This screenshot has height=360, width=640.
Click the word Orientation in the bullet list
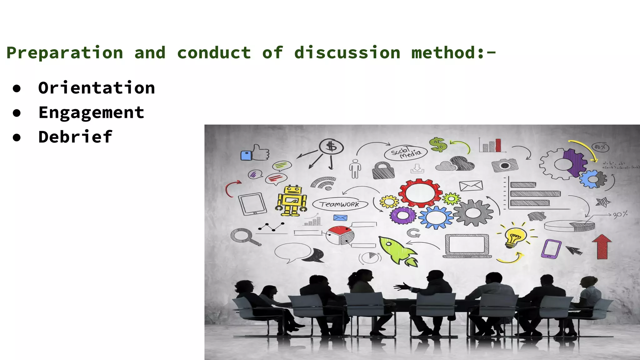[96, 88]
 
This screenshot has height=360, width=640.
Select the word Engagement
[91, 112]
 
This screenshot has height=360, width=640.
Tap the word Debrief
[75, 137]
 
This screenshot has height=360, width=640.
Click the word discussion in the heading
[347, 52]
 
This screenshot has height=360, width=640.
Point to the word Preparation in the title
[65, 52]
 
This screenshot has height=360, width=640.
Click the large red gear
[420, 193]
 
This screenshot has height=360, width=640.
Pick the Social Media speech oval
[406, 153]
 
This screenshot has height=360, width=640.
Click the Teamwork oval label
[340, 204]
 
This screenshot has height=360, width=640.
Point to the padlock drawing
[383, 170]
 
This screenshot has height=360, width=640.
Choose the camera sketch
[504, 165]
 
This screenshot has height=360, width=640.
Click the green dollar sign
[438, 145]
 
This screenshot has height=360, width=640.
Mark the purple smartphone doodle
[551, 249]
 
